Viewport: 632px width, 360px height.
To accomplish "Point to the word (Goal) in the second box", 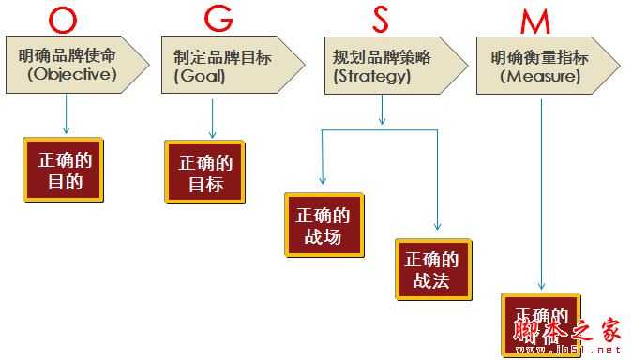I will coord(200,76).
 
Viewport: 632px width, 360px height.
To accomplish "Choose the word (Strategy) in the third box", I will coord(371,76).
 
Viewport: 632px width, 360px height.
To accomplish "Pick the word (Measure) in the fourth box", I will coord(535,76).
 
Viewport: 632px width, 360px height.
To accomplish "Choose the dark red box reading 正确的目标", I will coord(205,172).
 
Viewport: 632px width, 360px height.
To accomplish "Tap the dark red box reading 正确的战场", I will coord(324,225).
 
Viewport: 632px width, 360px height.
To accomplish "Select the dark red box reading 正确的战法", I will coord(432,269).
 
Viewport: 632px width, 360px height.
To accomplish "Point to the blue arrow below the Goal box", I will coord(213,117).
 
